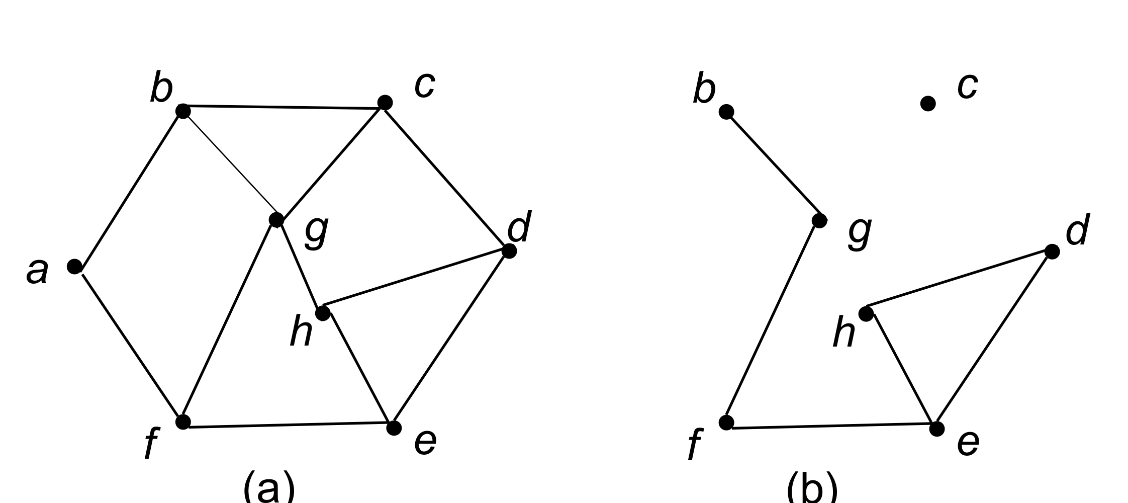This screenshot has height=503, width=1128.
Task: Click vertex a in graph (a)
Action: coord(74,266)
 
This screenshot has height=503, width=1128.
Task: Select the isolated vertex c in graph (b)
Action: coord(927,104)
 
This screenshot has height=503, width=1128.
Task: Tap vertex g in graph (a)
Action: coord(276,220)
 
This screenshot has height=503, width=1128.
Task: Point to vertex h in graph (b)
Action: coord(866,314)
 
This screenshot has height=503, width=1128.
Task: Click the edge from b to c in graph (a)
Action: coord(284,107)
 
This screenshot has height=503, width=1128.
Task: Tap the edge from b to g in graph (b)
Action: coord(773,166)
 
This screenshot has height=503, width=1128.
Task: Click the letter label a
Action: coord(37,272)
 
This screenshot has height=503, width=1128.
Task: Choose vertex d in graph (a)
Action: coord(509,250)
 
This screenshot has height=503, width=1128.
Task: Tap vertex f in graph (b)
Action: coord(726,423)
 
